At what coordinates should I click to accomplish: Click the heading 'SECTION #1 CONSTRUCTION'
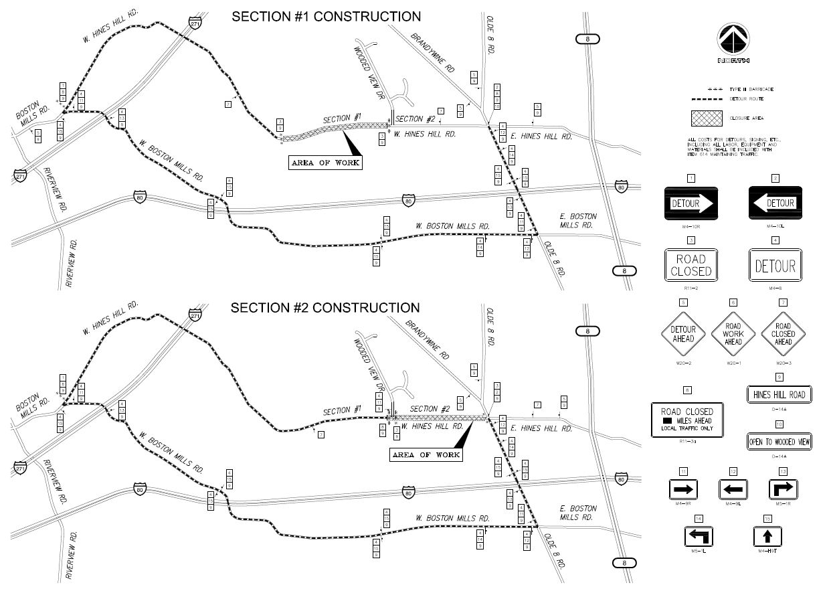tap(326, 17)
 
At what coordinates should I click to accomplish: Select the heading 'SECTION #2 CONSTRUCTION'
tap(326, 308)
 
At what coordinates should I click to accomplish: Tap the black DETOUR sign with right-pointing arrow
tap(691, 203)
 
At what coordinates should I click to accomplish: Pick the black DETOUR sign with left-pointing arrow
tap(775, 203)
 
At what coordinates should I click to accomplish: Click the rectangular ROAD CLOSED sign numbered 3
tap(691, 265)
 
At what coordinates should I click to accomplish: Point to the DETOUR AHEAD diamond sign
tap(683, 333)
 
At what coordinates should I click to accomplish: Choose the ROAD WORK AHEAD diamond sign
tap(733, 333)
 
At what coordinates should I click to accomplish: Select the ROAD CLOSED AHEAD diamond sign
tap(784, 333)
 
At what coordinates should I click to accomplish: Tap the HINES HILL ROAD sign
tap(779, 395)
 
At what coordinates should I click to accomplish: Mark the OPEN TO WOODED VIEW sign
tap(779, 441)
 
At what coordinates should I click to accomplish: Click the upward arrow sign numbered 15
tap(767, 536)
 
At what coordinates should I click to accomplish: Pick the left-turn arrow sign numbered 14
tap(699, 536)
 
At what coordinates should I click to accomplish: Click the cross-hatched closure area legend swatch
tap(707, 119)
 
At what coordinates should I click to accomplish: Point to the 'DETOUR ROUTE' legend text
tap(747, 99)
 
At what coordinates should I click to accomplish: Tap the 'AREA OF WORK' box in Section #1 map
tap(326, 163)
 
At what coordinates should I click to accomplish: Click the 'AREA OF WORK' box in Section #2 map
tap(426, 454)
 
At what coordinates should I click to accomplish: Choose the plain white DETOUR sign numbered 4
tap(775, 265)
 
